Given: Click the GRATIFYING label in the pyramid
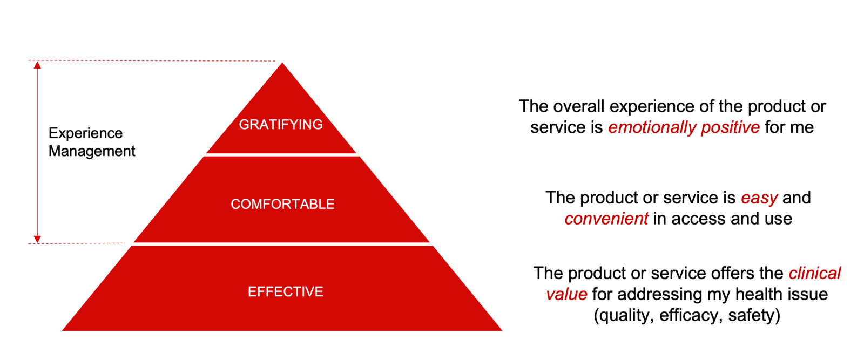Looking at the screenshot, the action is [x=281, y=125].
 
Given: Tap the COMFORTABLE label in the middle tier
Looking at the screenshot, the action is [x=282, y=204].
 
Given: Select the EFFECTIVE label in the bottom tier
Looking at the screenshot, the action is [x=286, y=292].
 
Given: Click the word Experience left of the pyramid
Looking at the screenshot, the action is [x=86, y=134].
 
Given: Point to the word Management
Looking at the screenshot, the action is [x=92, y=151].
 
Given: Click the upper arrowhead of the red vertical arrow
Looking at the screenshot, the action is [x=37, y=65].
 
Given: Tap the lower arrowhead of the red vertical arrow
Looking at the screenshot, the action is [x=37, y=239].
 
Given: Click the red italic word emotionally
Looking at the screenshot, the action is [x=652, y=127].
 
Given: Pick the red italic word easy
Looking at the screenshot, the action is [x=759, y=198].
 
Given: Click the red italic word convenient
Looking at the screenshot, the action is [x=606, y=219].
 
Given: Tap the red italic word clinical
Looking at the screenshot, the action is [x=815, y=273].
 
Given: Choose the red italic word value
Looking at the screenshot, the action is [x=566, y=295].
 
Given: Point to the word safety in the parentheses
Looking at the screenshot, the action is [x=751, y=316].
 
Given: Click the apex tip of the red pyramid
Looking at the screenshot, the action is [x=282, y=63].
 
